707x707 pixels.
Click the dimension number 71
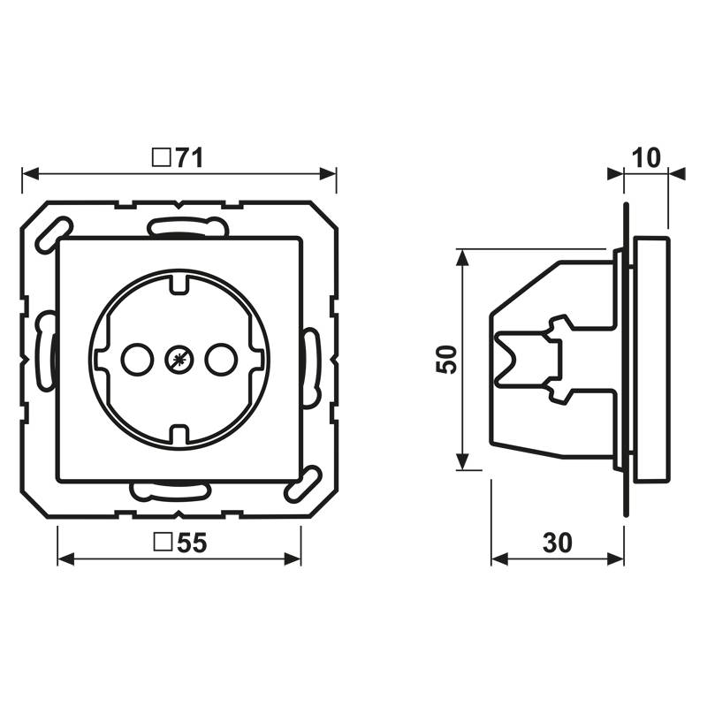188,158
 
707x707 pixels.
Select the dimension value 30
557,544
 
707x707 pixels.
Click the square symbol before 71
161,158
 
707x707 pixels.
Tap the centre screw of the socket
179,359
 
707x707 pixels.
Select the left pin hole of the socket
135,359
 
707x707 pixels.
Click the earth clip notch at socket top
179,285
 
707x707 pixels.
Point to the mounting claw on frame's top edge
183,228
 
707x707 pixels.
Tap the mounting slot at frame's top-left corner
49,233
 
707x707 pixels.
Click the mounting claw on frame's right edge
310,367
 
